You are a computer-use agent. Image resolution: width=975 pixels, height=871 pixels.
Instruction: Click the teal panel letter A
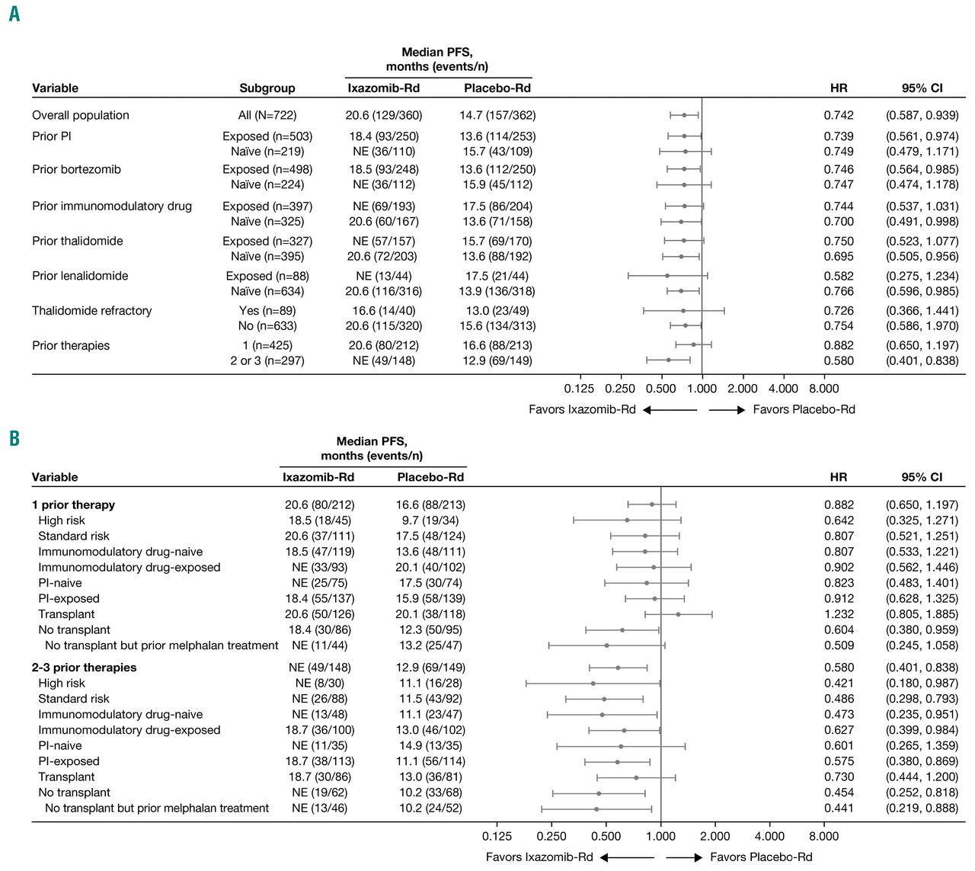[14, 13]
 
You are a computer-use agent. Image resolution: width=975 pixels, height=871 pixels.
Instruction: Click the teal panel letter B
[14, 438]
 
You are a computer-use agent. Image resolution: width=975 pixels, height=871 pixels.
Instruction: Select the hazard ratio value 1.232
[839, 614]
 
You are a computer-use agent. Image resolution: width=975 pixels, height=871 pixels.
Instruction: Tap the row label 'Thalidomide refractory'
[91, 311]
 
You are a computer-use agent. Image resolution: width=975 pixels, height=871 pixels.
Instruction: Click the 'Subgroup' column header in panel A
[267, 88]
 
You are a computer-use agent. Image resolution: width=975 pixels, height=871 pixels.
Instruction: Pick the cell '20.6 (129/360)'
[383, 116]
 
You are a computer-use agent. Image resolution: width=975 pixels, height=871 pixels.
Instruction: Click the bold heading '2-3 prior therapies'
[84, 668]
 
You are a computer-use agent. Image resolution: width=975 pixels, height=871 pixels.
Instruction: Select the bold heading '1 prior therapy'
[73, 505]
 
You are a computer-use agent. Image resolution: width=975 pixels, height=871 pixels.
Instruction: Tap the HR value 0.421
[839, 684]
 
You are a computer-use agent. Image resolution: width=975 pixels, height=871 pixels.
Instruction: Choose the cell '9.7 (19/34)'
[430, 520]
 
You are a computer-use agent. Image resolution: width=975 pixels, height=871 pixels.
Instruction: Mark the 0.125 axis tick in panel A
[579, 389]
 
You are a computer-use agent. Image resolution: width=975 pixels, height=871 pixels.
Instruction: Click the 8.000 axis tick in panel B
[823, 837]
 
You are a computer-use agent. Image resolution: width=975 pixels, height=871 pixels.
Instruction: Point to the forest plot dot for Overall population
[684, 116]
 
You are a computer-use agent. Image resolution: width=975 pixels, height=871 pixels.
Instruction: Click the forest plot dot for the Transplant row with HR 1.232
[678, 614]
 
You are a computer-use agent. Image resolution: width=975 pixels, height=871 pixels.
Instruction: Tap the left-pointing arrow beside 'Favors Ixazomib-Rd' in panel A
[670, 410]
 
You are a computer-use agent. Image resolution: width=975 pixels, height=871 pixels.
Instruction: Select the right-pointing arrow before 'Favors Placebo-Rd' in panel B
[684, 858]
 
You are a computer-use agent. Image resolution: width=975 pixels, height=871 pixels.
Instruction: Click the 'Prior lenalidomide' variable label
[80, 276]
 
